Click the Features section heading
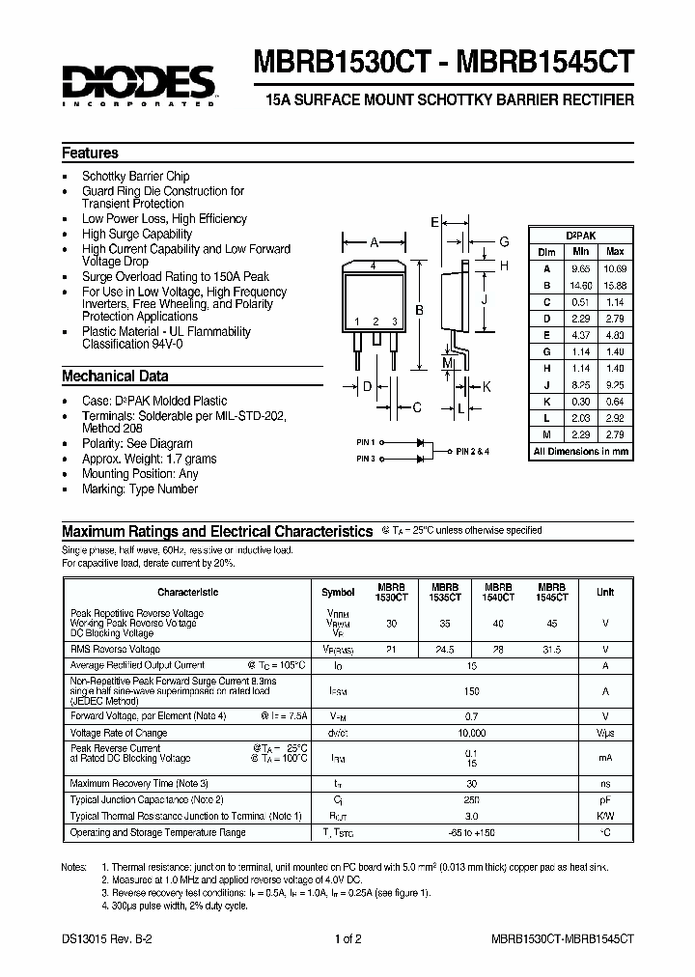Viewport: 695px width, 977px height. (x=90, y=154)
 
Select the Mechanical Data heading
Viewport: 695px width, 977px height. (x=115, y=377)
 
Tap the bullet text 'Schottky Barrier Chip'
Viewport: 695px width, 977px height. (x=135, y=177)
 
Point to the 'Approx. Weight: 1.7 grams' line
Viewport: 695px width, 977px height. (x=149, y=459)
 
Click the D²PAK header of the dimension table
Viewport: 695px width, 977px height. (x=580, y=236)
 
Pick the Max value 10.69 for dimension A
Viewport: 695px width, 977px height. (x=614, y=267)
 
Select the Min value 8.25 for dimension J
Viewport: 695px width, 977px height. (x=580, y=383)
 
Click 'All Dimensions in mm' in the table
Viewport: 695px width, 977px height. (x=581, y=451)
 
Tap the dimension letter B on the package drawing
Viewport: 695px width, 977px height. (x=418, y=310)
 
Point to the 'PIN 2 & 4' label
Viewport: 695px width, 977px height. (x=473, y=451)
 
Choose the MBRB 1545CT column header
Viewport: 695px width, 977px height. (x=551, y=592)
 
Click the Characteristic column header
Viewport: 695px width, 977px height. (x=187, y=592)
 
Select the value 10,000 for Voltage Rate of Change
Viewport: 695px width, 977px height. (x=472, y=733)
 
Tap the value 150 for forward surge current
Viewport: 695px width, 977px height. (x=472, y=691)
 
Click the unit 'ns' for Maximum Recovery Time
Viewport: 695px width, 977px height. (x=605, y=783)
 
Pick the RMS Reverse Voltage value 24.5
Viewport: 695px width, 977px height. (x=444, y=651)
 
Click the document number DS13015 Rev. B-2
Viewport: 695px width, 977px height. (x=102, y=938)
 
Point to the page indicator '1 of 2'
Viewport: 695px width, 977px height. (x=347, y=938)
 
